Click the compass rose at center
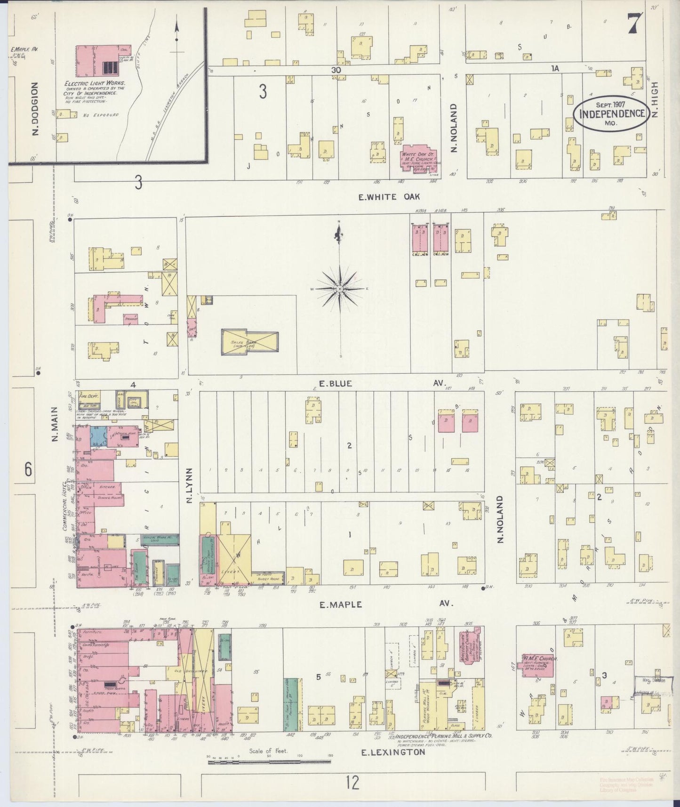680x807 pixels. point(340,288)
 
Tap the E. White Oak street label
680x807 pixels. point(389,197)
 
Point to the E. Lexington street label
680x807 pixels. point(392,752)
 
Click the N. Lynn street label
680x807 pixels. point(190,485)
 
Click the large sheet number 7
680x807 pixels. point(635,23)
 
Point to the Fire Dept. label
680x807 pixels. point(87,396)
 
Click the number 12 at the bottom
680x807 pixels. point(352,783)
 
